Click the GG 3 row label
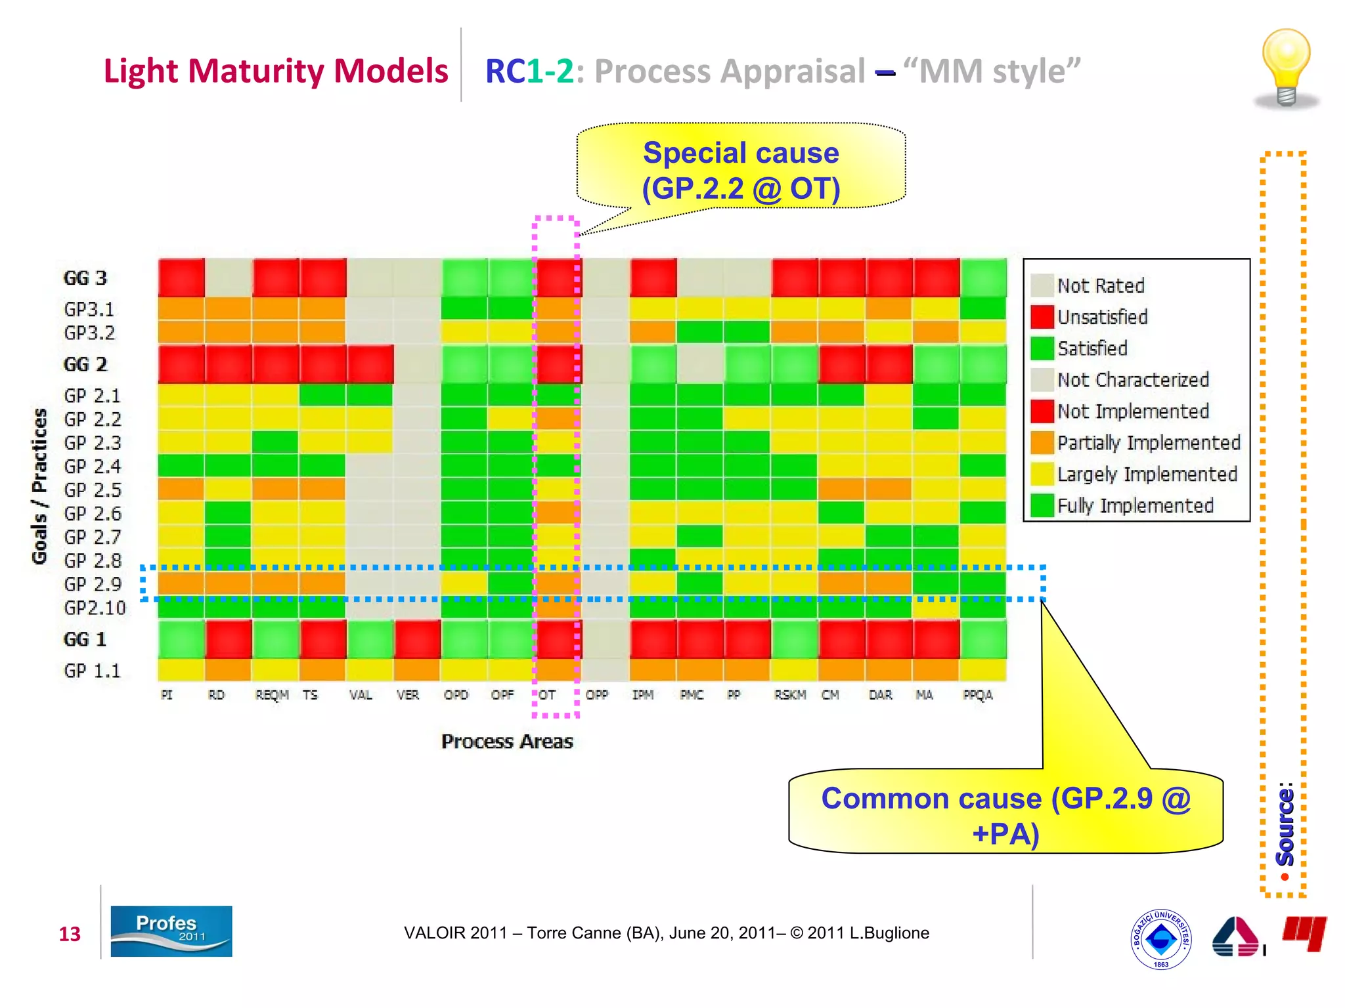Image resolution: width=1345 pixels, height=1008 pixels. click(x=85, y=278)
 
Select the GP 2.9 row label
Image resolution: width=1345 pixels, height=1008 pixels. click(x=93, y=584)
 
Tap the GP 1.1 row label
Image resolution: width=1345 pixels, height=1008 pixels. click(x=93, y=671)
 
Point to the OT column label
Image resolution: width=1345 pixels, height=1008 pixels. click(x=547, y=695)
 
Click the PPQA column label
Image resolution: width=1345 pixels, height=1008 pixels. click(x=977, y=695)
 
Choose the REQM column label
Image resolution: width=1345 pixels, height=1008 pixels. click(x=272, y=695)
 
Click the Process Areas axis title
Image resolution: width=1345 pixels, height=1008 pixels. click(x=507, y=742)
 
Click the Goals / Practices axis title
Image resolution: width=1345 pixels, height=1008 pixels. click(x=40, y=486)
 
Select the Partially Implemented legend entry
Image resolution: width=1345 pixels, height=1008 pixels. click(x=1148, y=443)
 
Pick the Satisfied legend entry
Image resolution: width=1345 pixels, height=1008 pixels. click(x=1092, y=348)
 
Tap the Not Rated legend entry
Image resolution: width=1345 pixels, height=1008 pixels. click(x=1101, y=285)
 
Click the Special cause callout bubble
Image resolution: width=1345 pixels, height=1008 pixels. click(x=741, y=170)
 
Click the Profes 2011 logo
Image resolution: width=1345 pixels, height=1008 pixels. click(x=171, y=931)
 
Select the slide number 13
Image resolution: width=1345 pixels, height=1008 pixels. click(x=70, y=934)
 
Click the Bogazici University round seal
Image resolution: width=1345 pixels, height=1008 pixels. click(x=1160, y=939)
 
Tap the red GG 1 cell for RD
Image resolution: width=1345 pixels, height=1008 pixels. click(x=229, y=639)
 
